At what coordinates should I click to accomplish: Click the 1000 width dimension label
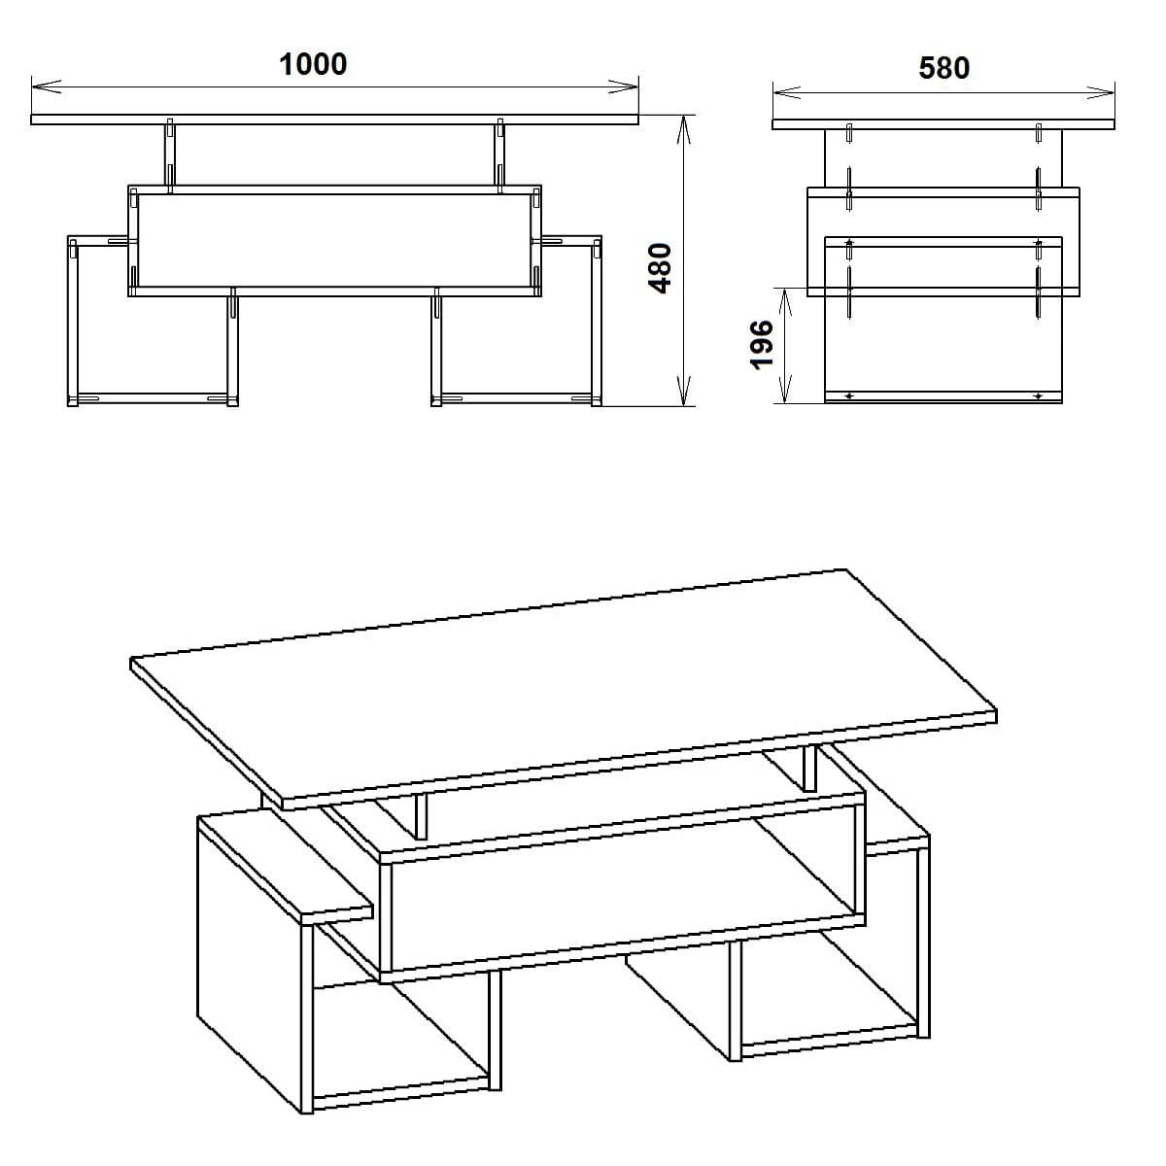313,64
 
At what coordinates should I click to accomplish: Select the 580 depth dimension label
943,68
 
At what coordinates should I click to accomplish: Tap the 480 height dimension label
660,268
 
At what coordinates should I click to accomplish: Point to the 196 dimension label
763,344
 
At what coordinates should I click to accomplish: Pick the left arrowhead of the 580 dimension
780,94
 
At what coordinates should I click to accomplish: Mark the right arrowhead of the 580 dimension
1107,94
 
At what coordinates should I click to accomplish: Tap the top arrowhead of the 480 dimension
685,122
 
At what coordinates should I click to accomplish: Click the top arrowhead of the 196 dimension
786,294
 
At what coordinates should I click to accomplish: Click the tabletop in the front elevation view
334,120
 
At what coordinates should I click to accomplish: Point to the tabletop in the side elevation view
943,124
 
